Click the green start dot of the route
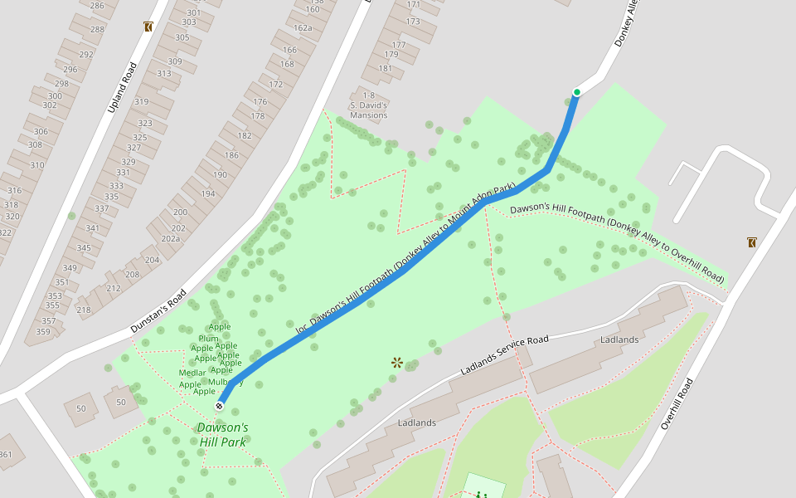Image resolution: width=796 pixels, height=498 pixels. point(576,92)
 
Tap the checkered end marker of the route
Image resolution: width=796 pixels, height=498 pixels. point(219,406)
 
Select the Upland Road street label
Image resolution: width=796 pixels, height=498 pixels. point(121,88)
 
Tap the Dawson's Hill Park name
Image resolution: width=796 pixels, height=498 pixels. point(222,435)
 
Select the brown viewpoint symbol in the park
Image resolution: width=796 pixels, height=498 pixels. point(397,362)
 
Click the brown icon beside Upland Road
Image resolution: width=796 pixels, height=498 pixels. point(148,27)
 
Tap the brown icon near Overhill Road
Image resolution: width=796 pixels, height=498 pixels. point(751,242)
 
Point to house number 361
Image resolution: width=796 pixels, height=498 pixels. point(5,454)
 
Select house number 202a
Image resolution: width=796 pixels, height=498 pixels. point(170,238)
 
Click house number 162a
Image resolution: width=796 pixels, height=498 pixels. point(303,27)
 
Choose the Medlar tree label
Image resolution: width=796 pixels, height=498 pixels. point(192,373)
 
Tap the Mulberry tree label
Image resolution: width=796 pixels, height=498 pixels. point(225,382)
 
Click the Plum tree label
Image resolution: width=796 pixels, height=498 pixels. point(207,338)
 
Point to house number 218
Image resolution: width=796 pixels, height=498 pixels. point(84,310)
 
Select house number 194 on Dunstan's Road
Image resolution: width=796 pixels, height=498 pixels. point(207,193)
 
